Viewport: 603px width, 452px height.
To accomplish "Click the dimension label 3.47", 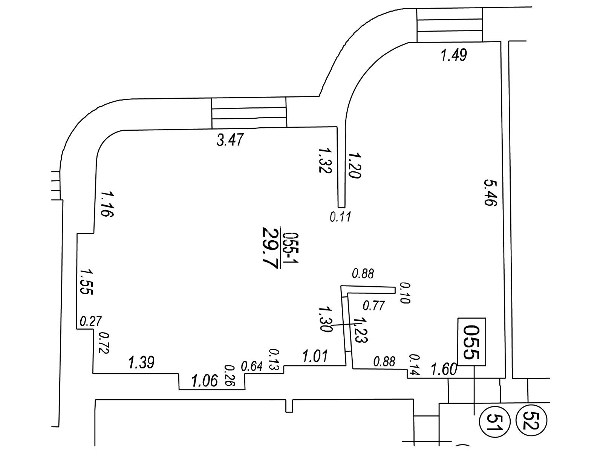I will (230, 140).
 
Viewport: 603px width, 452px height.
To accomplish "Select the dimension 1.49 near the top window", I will (454, 55).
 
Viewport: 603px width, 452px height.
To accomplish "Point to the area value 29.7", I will (270, 247).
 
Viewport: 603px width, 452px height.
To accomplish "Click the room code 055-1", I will (291, 247).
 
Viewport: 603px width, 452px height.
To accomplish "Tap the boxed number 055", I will (471, 342).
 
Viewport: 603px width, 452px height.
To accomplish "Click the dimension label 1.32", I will (325, 160).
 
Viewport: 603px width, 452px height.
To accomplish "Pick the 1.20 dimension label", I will (355, 165).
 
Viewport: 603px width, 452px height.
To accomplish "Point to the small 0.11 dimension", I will (341, 217).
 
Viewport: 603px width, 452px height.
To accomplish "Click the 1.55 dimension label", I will (86, 281).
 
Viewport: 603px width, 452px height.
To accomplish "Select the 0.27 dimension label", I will (91, 321).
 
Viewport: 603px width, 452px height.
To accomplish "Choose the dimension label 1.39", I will (141, 363).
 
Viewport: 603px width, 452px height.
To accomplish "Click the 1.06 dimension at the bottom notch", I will (205, 381).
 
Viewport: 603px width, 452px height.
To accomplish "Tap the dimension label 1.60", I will (444, 369).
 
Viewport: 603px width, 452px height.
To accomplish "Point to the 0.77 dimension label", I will (373, 305).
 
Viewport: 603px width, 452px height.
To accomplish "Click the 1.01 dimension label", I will (315, 356).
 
